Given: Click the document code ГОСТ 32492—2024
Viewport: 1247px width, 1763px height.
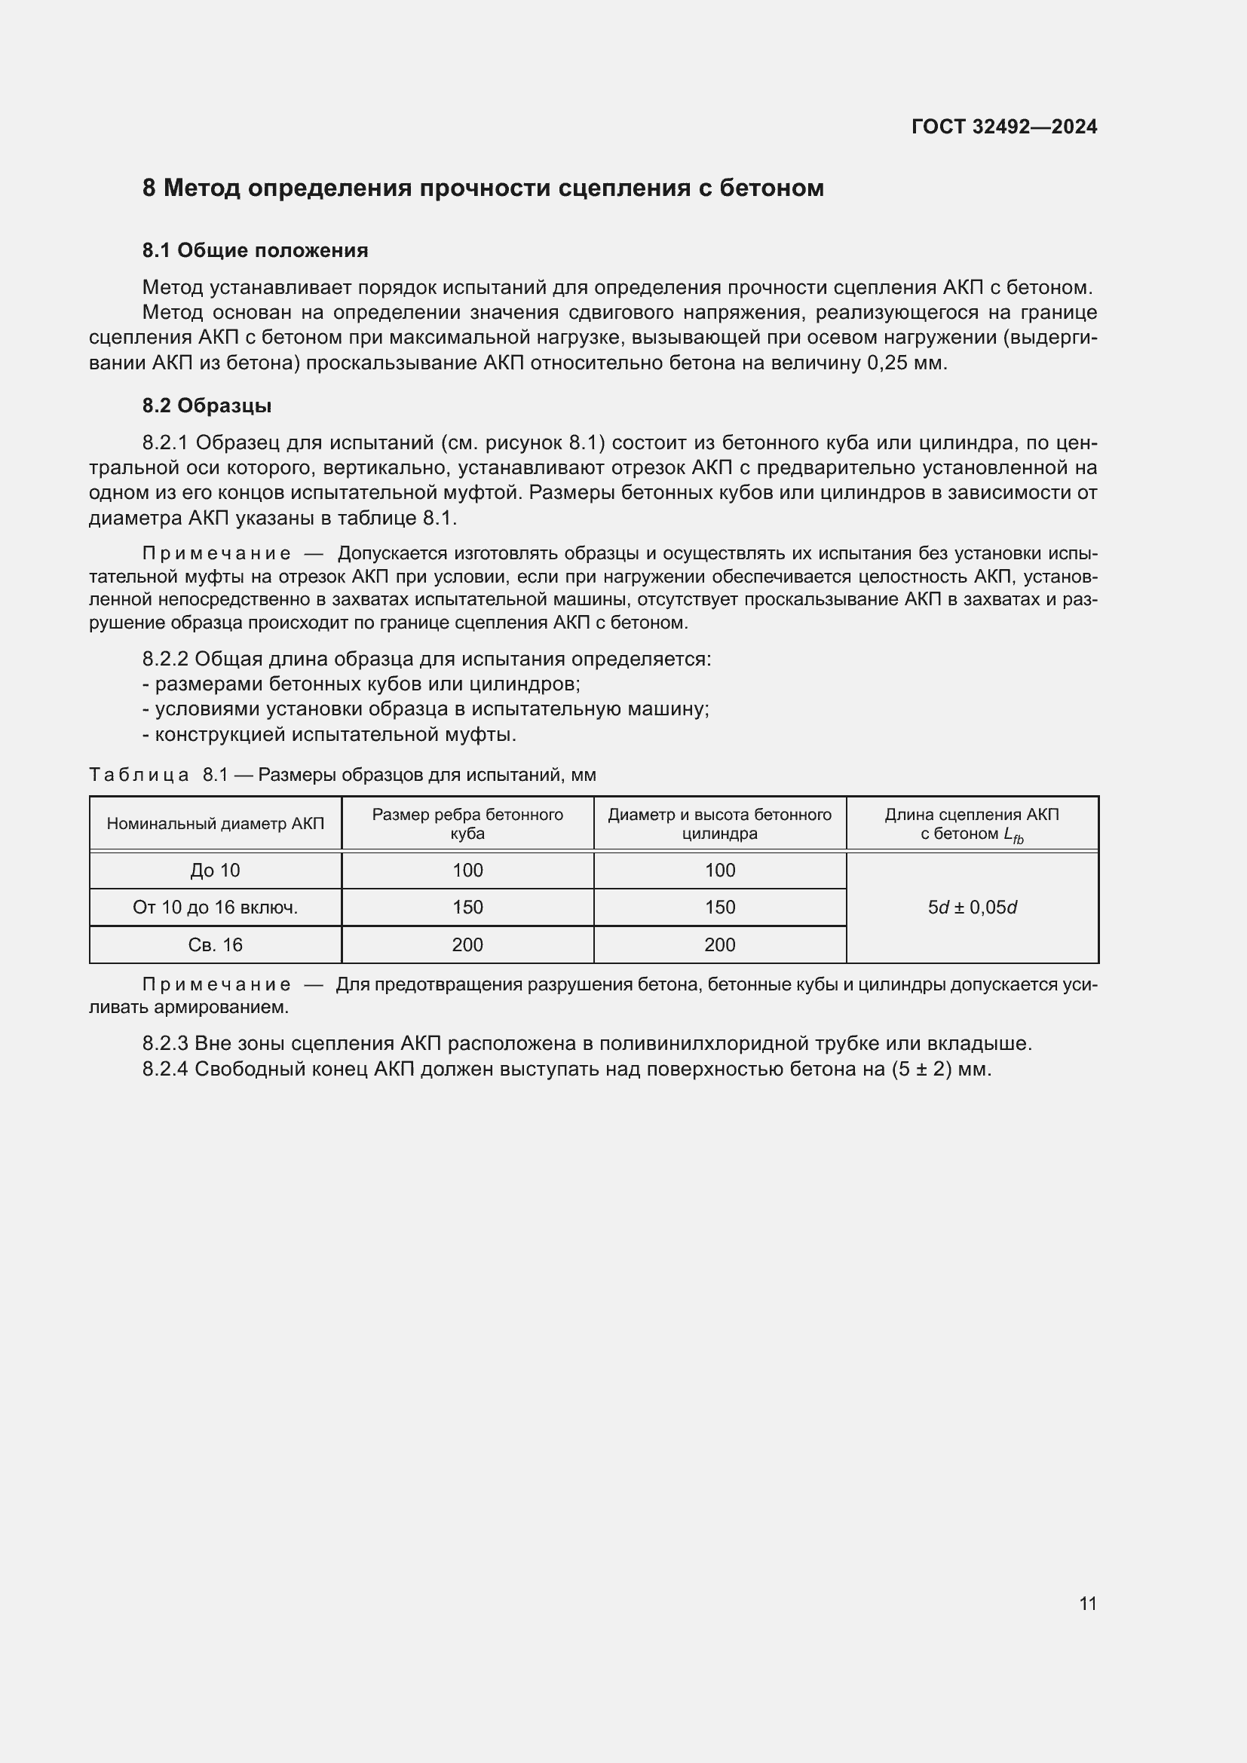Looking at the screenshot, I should click(x=1003, y=127).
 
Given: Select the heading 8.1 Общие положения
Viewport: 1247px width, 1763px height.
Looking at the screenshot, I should click(x=255, y=250).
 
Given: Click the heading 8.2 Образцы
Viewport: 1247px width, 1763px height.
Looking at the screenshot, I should click(x=207, y=406).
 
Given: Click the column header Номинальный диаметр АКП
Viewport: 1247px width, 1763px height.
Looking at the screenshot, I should click(x=215, y=824).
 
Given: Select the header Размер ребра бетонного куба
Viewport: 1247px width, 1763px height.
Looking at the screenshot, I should click(x=467, y=824).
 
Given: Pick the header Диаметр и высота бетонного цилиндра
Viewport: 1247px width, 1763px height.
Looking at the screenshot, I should click(x=719, y=824).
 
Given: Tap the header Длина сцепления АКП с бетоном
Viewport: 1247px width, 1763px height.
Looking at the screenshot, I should click(x=971, y=824).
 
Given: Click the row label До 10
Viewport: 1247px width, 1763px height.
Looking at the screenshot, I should click(x=215, y=871).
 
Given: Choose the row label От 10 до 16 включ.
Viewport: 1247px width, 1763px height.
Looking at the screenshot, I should click(x=215, y=908).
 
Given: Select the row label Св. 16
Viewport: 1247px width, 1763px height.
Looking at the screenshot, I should click(x=215, y=945).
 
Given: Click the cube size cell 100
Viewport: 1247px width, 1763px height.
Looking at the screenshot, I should click(x=467, y=871).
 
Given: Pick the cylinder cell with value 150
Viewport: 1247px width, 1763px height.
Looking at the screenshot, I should click(x=719, y=908).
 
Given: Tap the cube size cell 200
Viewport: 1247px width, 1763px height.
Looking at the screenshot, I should click(x=467, y=945).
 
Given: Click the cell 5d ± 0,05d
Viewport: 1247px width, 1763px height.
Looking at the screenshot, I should click(x=971, y=908).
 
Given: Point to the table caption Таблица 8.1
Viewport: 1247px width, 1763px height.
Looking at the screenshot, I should click(x=159, y=775).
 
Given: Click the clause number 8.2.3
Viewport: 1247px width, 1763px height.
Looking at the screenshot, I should click(x=165, y=1043).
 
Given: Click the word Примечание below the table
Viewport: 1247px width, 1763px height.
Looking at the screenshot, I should click(x=216, y=985).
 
